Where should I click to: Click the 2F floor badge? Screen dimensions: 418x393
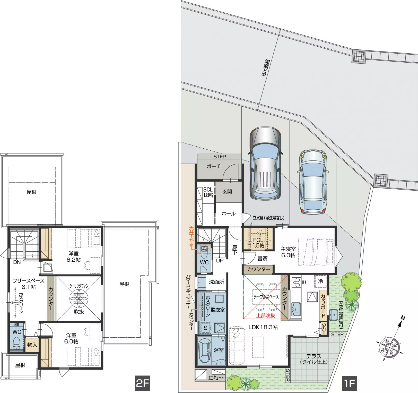(142, 383)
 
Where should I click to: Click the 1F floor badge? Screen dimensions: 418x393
(350, 383)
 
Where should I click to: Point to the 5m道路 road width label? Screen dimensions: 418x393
(266, 68)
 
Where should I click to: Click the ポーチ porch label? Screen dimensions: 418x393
(214, 166)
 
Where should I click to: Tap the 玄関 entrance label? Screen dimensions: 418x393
(227, 192)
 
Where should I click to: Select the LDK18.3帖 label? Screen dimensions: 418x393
(263, 327)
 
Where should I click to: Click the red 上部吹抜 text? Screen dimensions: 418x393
(266, 315)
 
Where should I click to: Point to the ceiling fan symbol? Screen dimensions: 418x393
(79, 298)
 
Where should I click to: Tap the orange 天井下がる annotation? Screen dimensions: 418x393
(191, 236)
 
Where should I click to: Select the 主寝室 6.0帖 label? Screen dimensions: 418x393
(288, 252)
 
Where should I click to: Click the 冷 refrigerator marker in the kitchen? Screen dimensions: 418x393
(320, 281)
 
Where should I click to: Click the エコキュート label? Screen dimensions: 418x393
(216, 378)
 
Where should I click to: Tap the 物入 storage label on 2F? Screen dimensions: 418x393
(32, 345)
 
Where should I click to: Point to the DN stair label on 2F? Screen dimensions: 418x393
(17, 262)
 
